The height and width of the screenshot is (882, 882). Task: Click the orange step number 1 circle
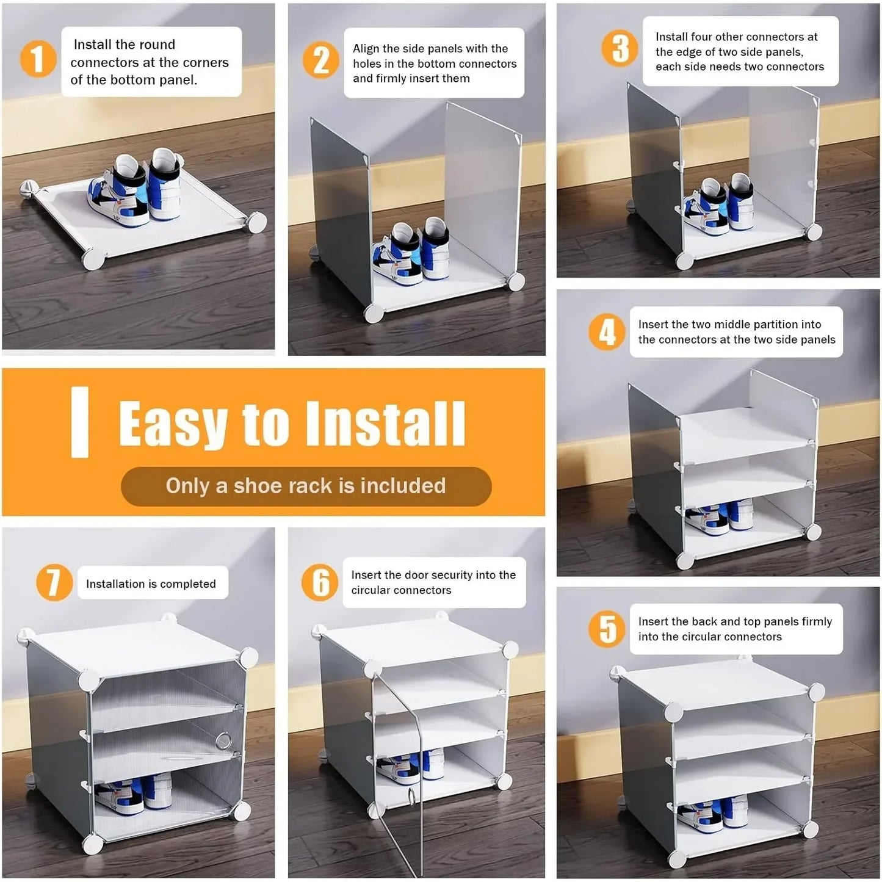coord(38,59)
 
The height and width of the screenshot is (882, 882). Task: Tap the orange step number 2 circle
coord(321,60)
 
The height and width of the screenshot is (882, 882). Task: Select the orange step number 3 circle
coord(620,48)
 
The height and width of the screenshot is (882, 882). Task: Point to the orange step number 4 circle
coord(607,333)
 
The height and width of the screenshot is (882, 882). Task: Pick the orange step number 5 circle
coord(607,629)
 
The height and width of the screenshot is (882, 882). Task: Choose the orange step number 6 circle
coord(320,582)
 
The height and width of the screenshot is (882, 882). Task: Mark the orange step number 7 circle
coord(54,582)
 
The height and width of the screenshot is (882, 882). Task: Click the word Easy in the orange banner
coord(173,424)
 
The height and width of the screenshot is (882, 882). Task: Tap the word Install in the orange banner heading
coord(385,424)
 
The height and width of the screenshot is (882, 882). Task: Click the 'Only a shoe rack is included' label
coord(306,486)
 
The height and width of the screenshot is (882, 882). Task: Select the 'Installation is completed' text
coord(151,584)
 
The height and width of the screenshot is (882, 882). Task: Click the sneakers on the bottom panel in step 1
coord(136,190)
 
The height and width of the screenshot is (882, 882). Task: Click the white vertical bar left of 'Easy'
coord(80,422)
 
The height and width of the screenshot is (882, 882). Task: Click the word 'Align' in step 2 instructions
coord(366,49)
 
